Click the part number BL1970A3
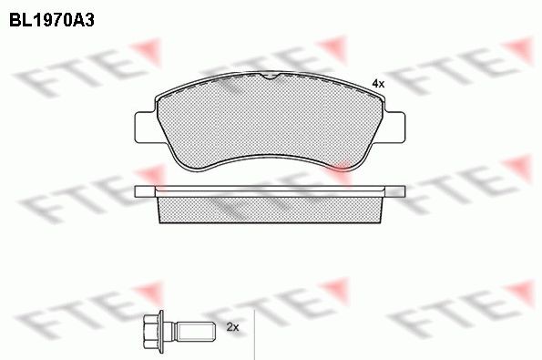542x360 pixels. pos(52,17)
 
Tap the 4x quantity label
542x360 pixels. pos(378,84)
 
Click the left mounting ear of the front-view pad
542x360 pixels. pos(146,125)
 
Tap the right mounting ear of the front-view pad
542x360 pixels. pos(394,125)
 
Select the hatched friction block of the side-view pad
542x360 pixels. pos(271,210)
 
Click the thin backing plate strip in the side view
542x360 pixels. pos(271,191)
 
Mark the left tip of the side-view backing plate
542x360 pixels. pos(137,191)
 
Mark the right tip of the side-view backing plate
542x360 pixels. pos(404,191)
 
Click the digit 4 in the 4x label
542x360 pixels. pos(374,84)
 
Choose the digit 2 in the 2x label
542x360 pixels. pos(228,326)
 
